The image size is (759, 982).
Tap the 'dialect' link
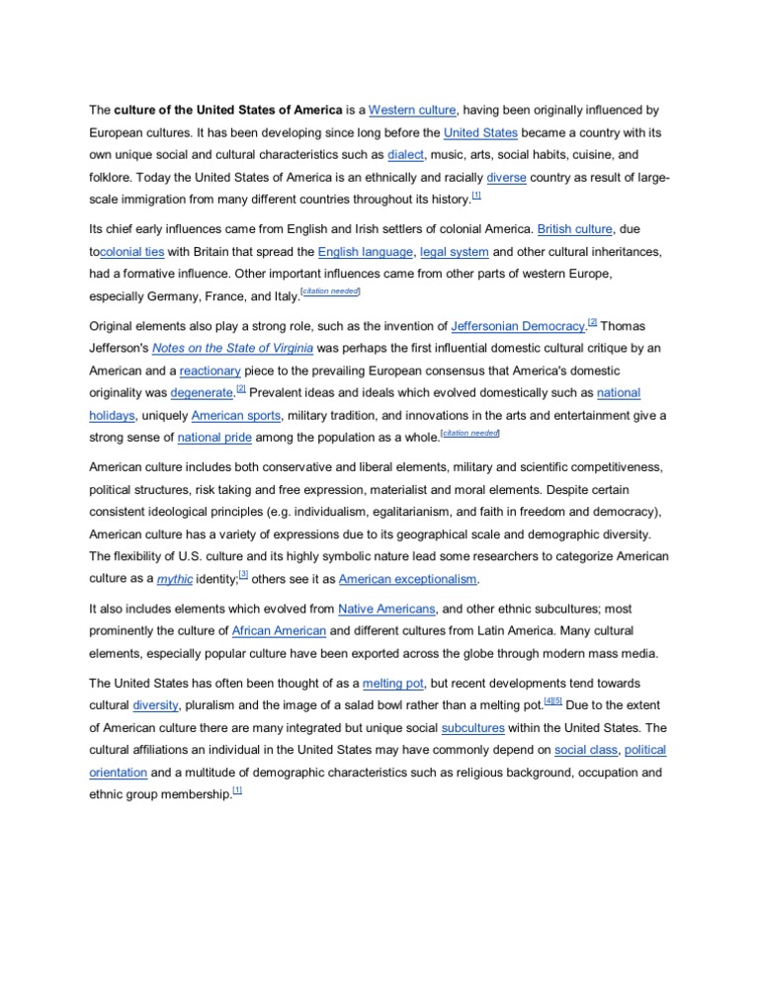(x=405, y=155)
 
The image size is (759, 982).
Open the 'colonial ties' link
(x=132, y=252)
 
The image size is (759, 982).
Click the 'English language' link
(x=365, y=252)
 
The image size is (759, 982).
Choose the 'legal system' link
(x=454, y=252)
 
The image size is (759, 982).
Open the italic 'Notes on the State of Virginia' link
(x=233, y=348)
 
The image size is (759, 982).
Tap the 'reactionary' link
(x=210, y=370)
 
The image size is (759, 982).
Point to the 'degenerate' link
(x=203, y=393)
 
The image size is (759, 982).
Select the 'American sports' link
(x=236, y=416)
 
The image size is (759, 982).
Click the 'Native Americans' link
(x=385, y=609)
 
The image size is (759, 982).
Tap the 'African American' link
(x=278, y=630)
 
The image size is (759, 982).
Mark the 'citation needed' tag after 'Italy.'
(x=330, y=291)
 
